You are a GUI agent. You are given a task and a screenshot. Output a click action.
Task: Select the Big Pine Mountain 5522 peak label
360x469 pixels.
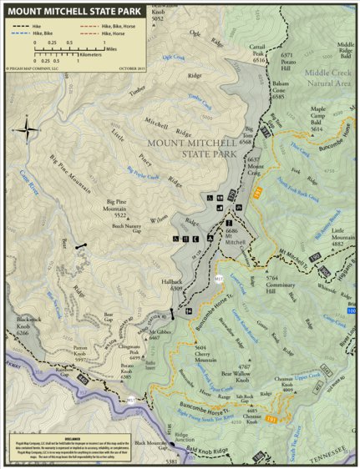(x=122, y=209)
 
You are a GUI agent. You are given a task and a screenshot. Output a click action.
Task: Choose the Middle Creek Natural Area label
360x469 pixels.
(x=321, y=78)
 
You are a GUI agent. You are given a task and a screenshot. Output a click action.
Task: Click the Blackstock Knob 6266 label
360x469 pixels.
(x=29, y=328)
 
